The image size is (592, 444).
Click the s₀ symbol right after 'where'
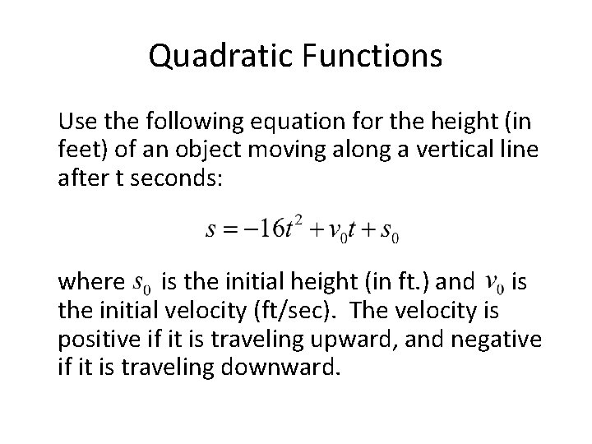click(x=142, y=284)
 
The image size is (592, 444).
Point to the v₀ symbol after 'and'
click(x=496, y=284)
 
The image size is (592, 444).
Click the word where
click(x=90, y=284)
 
